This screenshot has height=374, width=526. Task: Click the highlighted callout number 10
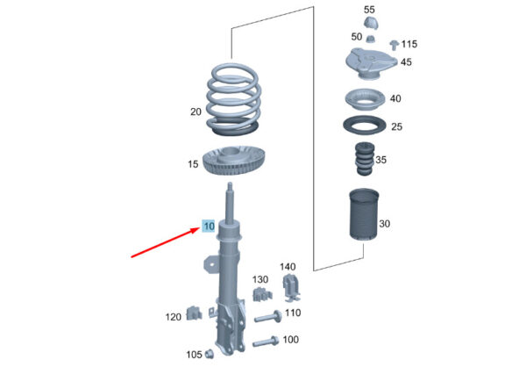click(x=209, y=226)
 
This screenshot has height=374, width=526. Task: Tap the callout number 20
click(x=195, y=112)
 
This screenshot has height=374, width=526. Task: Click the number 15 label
click(x=193, y=164)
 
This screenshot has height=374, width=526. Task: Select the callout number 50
click(x=356, y=37)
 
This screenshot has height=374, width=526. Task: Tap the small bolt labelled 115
click(x=394, y=43)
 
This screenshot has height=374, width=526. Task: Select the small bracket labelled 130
click(x=259, y=292)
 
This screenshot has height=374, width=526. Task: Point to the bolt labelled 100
click(x=266, y=341)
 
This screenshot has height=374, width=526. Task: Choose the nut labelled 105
click(x=210, y=355)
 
